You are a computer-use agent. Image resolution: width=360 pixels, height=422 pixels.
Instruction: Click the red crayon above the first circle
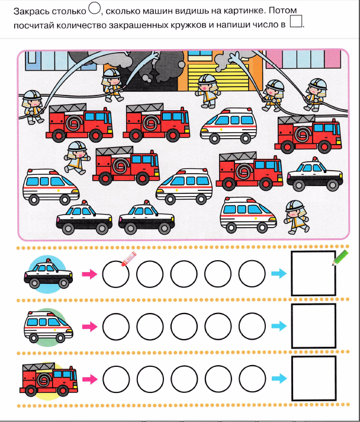coord(129,258)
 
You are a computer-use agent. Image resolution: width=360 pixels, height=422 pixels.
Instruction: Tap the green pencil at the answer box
coord(340,258)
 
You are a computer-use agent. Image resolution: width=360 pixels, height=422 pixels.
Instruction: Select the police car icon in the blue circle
coord(49,274)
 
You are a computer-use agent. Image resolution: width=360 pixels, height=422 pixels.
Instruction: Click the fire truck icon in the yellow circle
coord(49,379)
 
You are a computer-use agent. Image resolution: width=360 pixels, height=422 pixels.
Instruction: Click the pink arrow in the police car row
coord(89,274)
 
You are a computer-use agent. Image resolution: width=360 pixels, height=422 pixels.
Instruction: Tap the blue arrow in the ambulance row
coord(279,326)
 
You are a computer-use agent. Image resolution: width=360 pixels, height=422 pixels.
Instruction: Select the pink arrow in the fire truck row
coord(90,379)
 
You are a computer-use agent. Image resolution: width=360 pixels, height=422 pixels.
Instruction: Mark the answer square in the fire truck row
coord(314,378)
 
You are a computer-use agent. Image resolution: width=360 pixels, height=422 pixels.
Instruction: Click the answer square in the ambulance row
coord(314,326)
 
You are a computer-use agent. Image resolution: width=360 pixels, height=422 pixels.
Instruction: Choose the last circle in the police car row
coord(252,274)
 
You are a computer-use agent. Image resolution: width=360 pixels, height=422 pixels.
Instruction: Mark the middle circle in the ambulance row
coord(184,327)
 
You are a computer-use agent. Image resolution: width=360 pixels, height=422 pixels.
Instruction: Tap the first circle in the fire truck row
coord(116,379)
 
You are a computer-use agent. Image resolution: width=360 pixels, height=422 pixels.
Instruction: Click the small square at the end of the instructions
coord(296,21)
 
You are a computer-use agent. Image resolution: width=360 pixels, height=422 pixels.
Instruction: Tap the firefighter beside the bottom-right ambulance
coord(296,217)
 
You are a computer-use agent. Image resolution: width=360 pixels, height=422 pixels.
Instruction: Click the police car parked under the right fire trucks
coord(315,174)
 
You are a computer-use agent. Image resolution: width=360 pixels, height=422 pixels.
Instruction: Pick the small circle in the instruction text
coord(94,8)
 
